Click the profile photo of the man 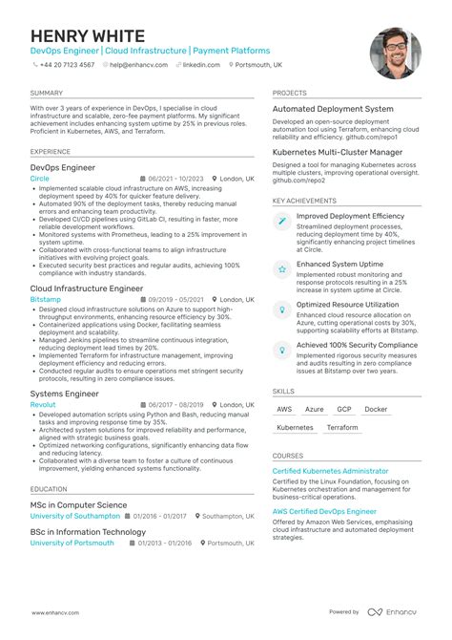(396, 53)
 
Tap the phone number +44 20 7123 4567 (67, 65)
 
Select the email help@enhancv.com (139, 65)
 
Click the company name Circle (40, 179)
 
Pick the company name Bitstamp (46, 299)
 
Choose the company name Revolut (43, 405)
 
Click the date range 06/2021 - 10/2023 (172, 179)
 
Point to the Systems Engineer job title (64, 393)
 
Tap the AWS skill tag (284, 409)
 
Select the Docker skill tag (376, 409)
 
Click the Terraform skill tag (342, 428)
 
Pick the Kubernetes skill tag (295, 428)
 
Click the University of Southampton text (75, 517)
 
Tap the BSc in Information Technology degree (88, 531)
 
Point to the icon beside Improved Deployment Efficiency (282, 221)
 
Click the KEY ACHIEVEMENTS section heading (304, 202)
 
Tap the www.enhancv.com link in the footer (54, 612)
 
